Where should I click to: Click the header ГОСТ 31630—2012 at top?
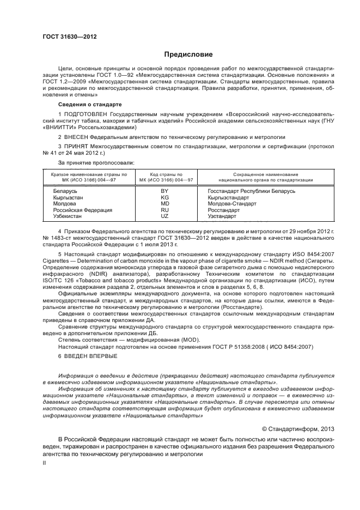click(65, 37)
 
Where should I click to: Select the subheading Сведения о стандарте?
click(90, 104)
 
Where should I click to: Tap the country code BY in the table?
click(165, 191)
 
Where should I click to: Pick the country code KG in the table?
click(165, 198)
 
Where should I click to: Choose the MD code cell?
click(165, 204)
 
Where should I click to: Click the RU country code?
click(165, 210)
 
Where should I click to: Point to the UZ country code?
click(165, 216)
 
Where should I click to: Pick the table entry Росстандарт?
click(224, 210)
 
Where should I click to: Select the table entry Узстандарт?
click(222, 216)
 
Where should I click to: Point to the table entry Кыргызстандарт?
click(229, 198)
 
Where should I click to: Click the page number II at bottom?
click(45, 462)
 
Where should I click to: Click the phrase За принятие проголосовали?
click(96, 162)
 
